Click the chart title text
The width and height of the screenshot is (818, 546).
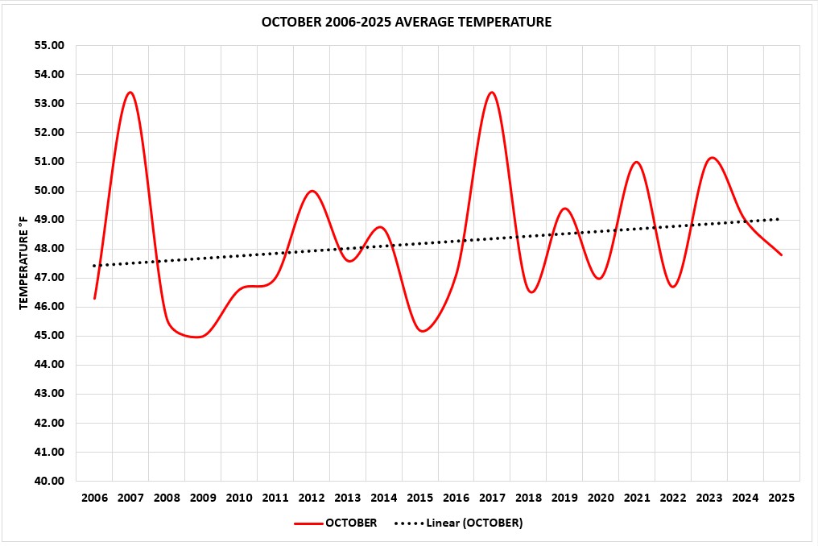[407, 23]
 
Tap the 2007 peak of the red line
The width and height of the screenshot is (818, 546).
[130, 93]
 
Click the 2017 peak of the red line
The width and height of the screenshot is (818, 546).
[492, 93]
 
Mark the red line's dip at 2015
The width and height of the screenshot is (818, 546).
[422, 331]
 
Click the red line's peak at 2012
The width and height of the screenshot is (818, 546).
[312, 191]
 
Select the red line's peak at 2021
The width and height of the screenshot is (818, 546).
[637, 162]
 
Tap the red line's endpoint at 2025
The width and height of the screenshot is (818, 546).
[781, 254]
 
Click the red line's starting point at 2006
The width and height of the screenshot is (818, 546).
[95, 298]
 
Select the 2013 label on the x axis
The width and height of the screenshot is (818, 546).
[348, 498]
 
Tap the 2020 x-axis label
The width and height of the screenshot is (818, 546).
[601, 498]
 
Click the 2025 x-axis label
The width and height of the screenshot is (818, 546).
[781, 498]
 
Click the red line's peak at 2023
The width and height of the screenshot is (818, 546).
[712, 158]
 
